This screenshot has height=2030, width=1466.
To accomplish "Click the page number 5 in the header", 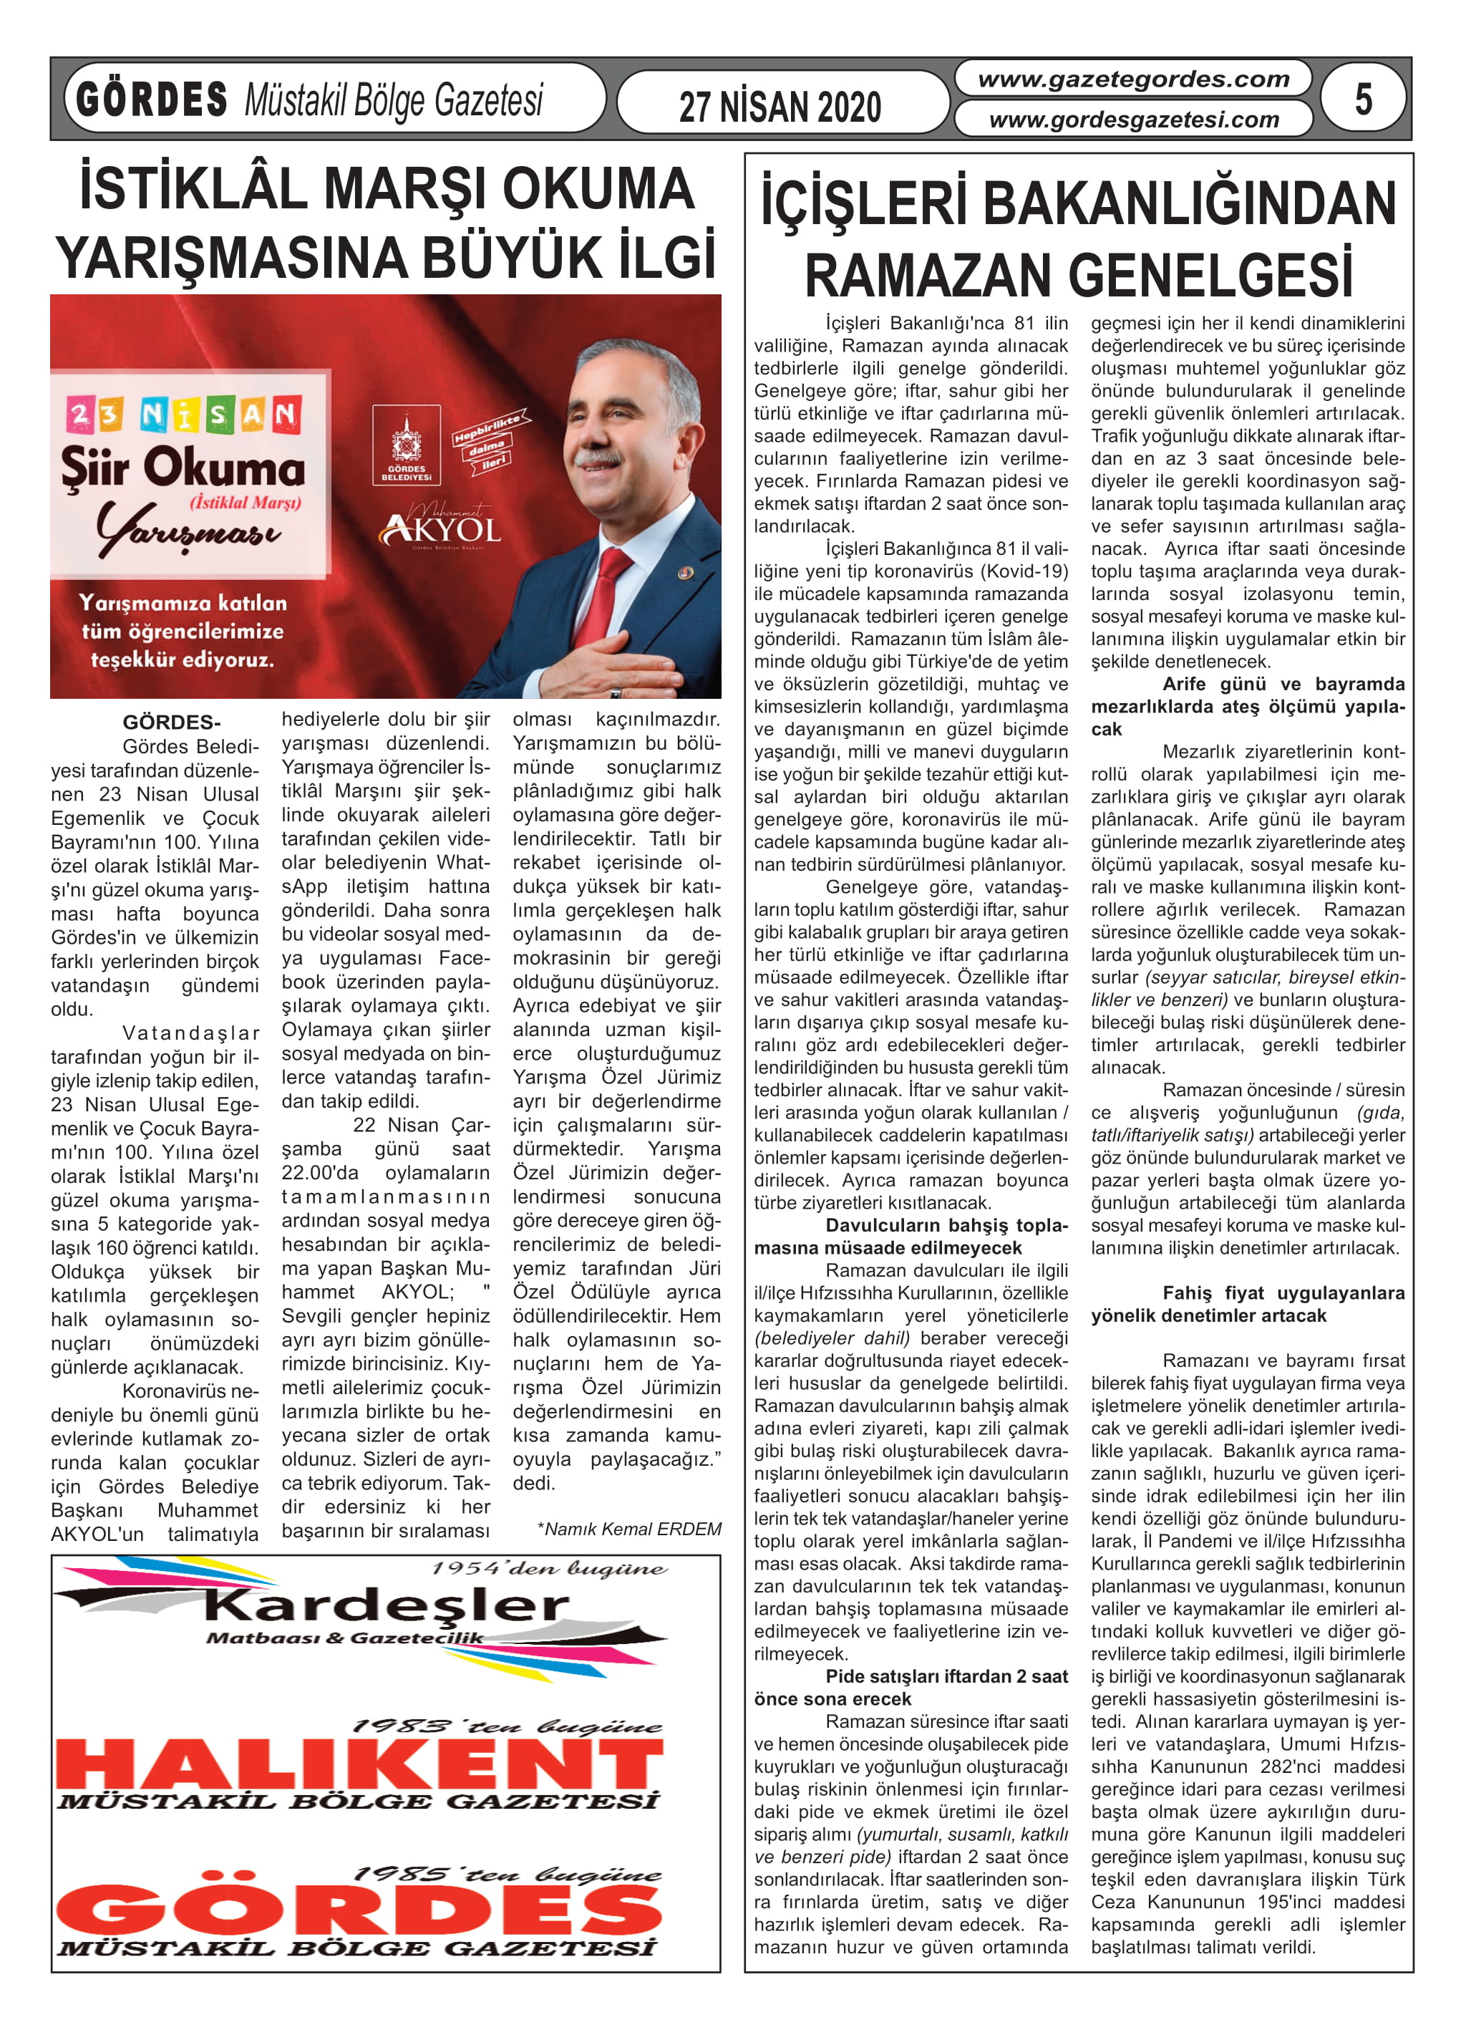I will (1362, 99).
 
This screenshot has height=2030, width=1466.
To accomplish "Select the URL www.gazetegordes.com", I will (1133, 79).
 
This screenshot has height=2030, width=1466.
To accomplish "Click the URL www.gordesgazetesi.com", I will (1133, 119).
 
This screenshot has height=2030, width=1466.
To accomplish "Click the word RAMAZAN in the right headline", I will (930, 276).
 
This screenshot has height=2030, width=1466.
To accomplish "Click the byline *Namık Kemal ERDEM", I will (629, 1529).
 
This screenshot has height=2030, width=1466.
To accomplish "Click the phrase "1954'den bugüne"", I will (548, 1569).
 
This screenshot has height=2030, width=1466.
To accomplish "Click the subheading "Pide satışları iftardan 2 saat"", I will (946, 1676).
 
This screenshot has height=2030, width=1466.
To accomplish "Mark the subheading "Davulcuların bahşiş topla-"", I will (946, 1225).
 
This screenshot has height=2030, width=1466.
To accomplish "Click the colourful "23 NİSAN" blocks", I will (183, 415).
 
